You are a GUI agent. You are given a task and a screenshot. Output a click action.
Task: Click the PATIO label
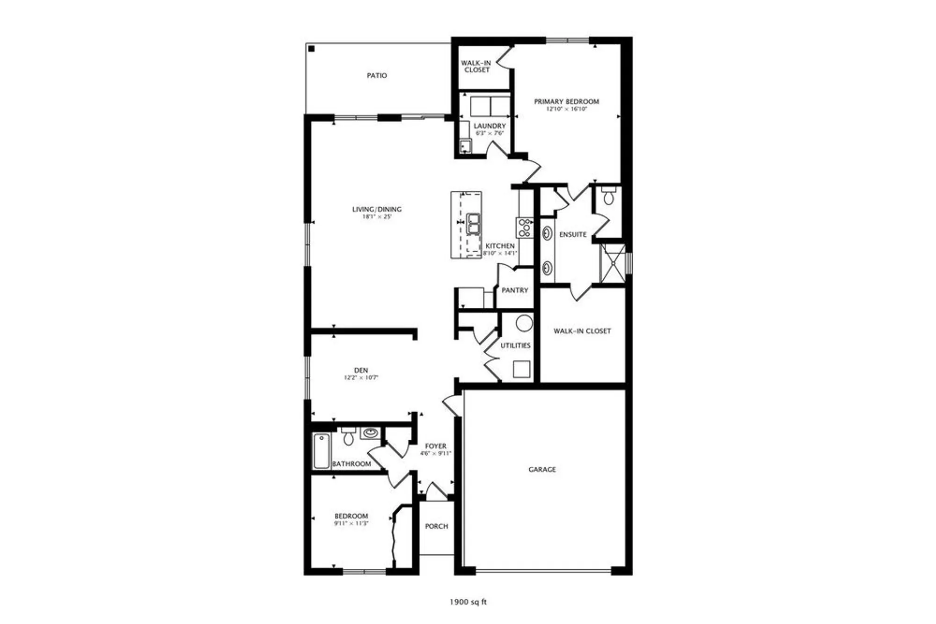coord(377,75)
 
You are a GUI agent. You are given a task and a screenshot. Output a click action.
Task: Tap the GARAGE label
coord(542,469)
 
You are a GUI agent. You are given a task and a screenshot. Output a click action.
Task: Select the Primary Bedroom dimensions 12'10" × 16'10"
coord(566,109)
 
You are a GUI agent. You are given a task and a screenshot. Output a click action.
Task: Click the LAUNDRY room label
coord(490,126)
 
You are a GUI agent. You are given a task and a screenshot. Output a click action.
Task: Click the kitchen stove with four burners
coord(524,227)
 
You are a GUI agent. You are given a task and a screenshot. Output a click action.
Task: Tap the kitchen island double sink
coord(474,224)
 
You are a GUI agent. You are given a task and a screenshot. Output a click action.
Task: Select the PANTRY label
coord(515,290)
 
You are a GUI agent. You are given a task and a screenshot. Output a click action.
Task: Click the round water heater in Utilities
coord(524,323)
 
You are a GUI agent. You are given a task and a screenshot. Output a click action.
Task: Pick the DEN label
coord(361,370)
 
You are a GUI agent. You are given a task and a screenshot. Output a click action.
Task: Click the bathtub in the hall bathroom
coord(321,451)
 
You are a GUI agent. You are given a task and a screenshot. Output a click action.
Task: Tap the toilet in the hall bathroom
coord(348,437)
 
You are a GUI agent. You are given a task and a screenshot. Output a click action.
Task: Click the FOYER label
coord(435,446)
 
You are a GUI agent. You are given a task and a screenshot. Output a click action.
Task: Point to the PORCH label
coord(436,526)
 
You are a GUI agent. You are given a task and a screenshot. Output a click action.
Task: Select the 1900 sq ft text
coord(468,602)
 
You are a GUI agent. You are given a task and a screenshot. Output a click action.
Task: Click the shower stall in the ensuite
coord(613,263)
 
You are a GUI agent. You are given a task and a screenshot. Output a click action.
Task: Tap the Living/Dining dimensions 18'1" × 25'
coord(377,217)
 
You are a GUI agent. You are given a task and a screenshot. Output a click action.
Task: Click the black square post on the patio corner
coord(312,49)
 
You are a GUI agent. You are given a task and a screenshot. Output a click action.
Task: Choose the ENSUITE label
coord(573,234)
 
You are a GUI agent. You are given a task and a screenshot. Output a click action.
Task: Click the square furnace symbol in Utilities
coord(521,369)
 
